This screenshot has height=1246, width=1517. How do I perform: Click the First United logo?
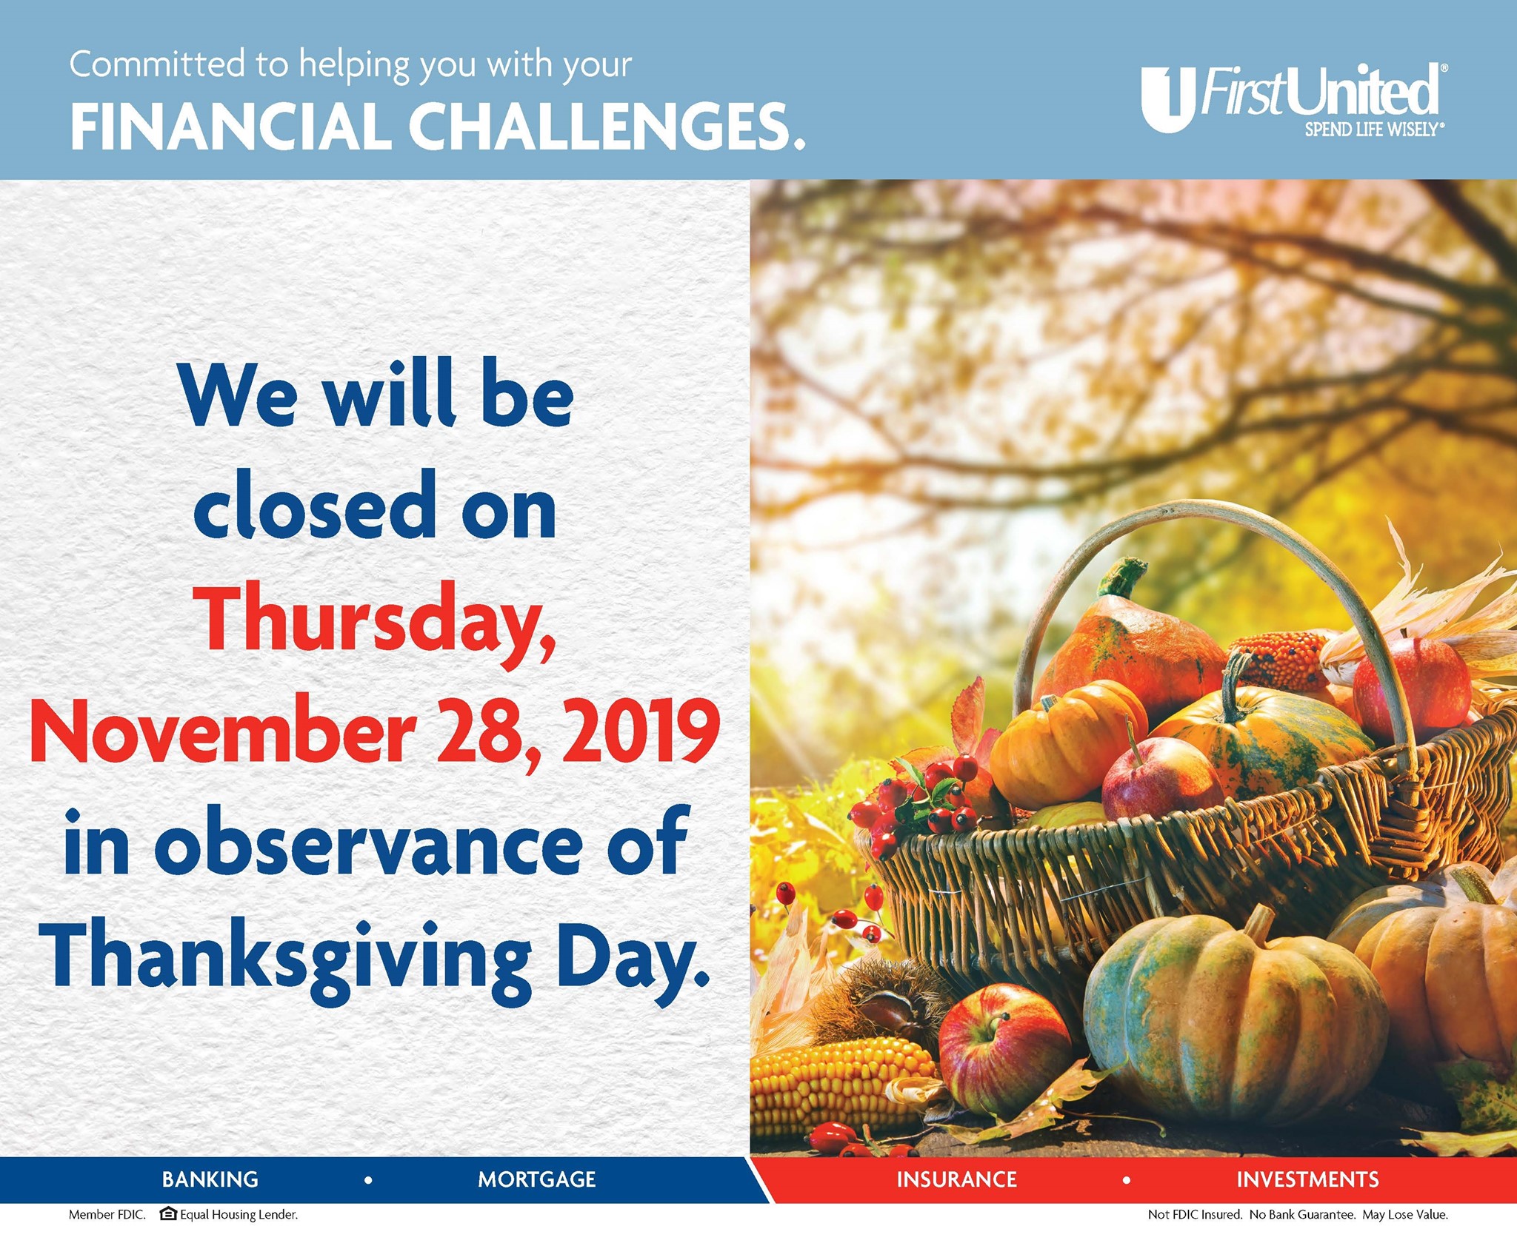[x=1293, y=100]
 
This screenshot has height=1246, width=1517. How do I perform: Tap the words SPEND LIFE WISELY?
[x=1373, y=130]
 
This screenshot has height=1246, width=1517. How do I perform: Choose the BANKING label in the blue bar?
[x=210, y=1179]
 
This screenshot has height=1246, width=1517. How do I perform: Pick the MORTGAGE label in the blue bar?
[x=537, y=1179]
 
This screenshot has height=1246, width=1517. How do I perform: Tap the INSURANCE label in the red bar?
[x=956, y=1179]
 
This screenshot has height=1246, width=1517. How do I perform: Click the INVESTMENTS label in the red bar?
[x=1307, y=1179]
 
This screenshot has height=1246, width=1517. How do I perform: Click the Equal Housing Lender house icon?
[x=168, y=1213]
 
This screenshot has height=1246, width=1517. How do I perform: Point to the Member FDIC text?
[x=107, y=1215]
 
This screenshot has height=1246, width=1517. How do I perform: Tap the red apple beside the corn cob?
[x=1004, y=1048]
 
